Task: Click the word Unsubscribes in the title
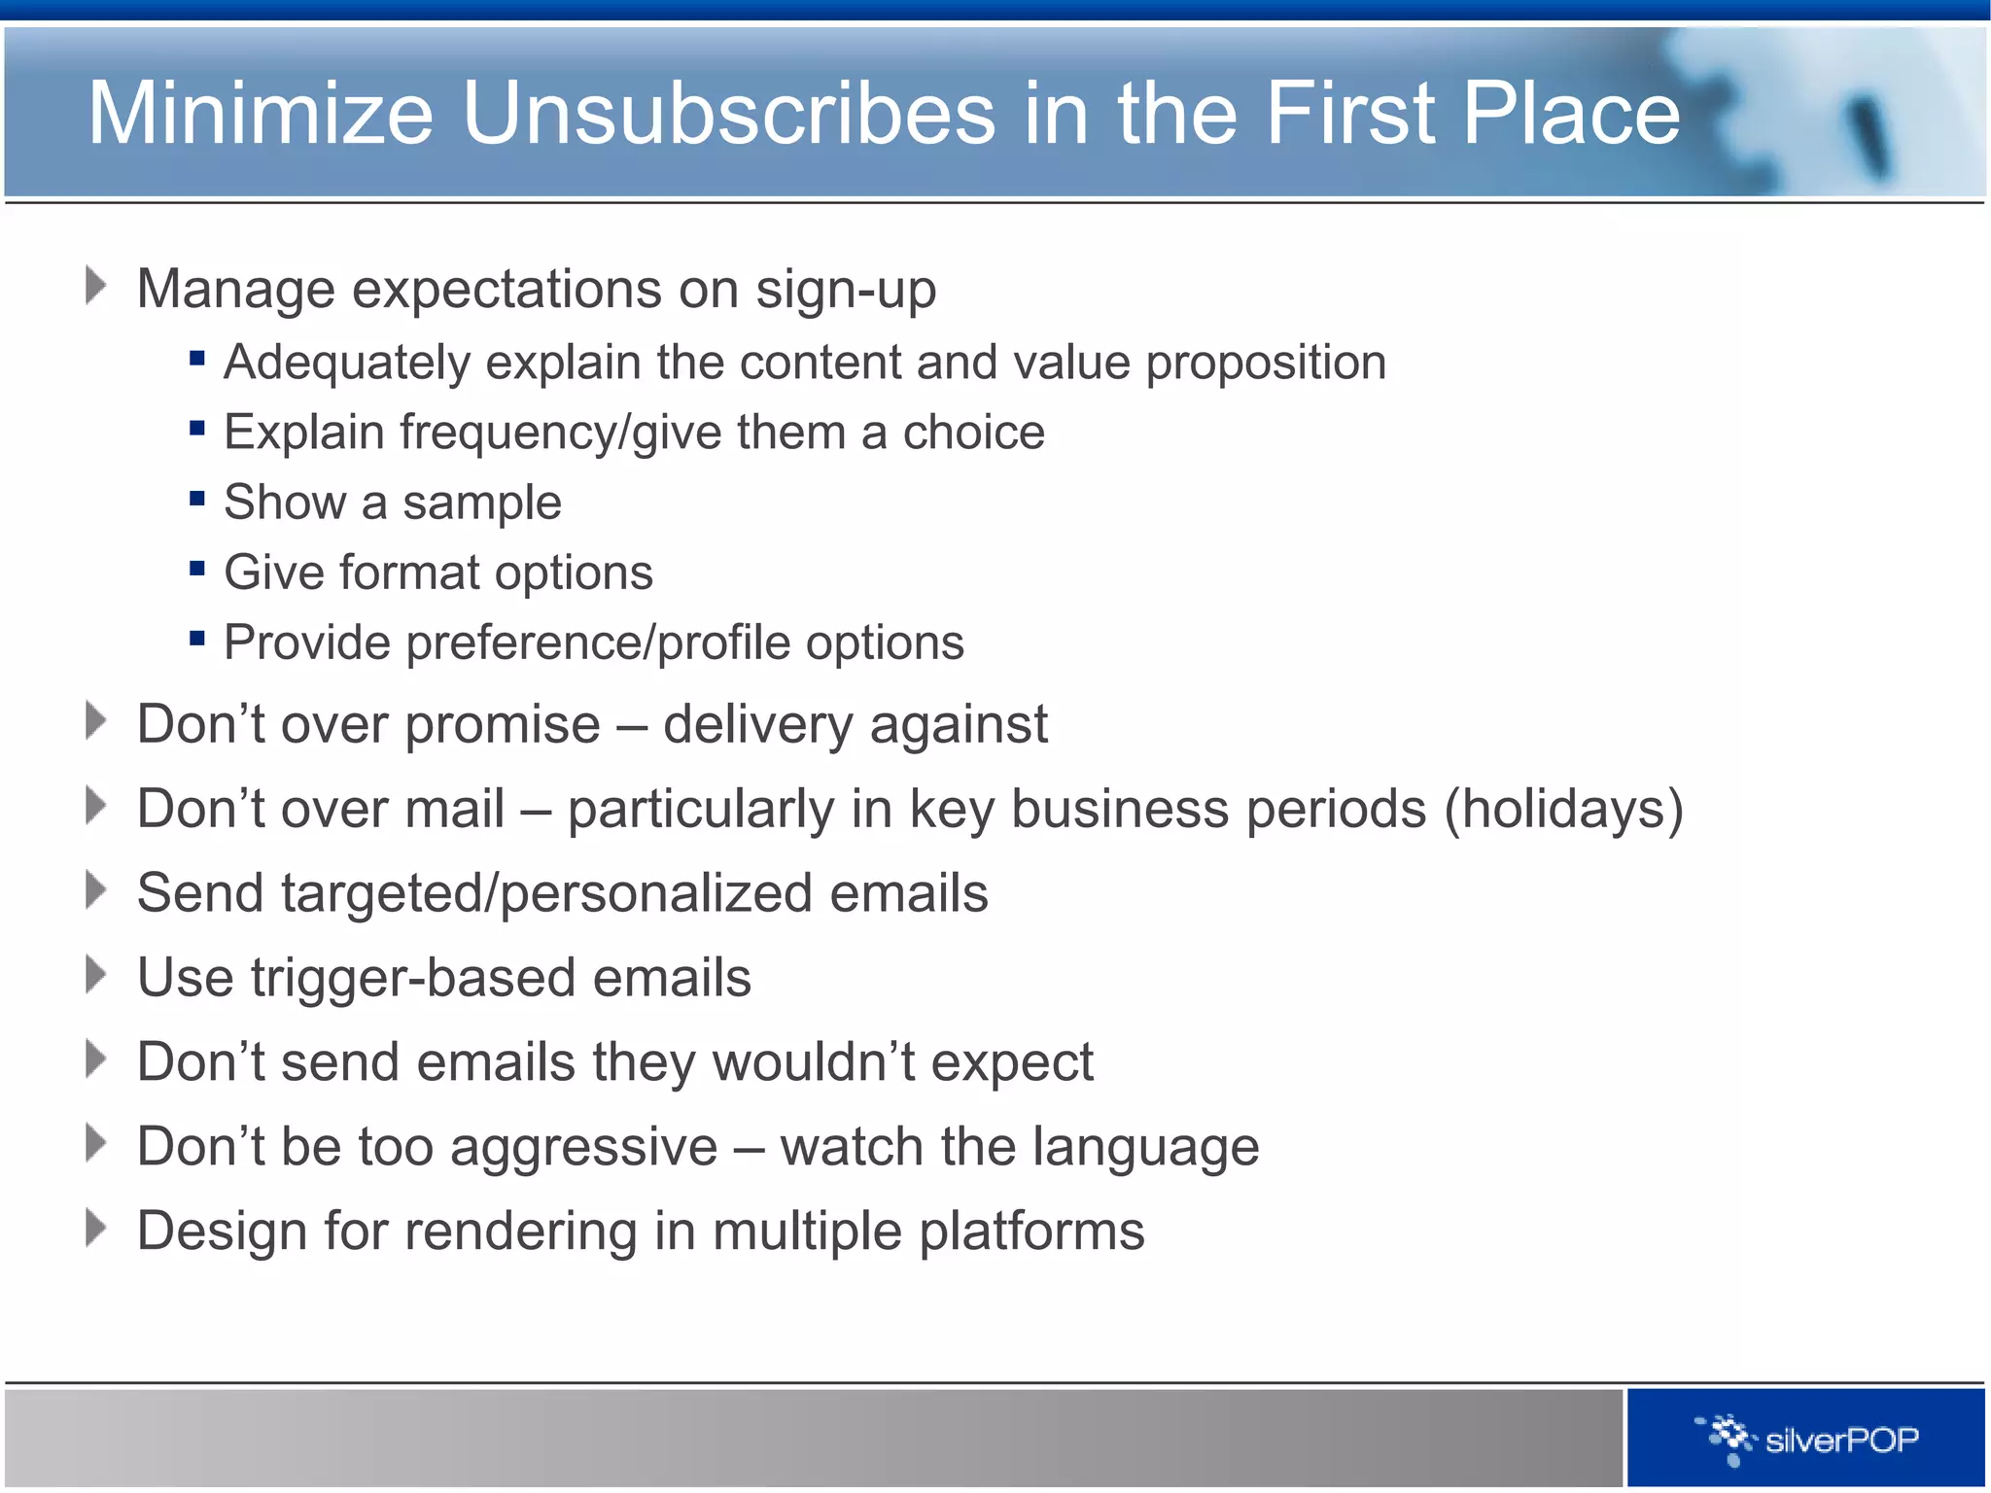tap(729, 114)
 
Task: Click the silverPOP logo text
tap(1841, 1440)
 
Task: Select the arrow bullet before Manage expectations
tap(95, 286)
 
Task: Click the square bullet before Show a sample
tap(197, 499)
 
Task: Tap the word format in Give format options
tap(408, 573)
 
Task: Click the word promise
tap(503, 726)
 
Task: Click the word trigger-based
tap(413, 979)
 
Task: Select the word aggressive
tap(583, 1148)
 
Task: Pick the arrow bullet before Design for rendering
tap(95, 1228)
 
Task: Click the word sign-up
tap(846, 291)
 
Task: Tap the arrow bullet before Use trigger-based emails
tap(95, 974)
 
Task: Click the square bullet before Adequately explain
tap(197, 359)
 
